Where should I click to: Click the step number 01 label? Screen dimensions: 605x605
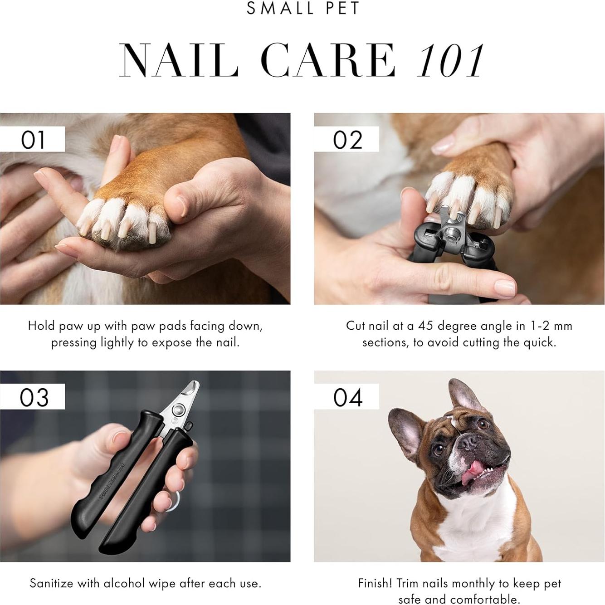click(x=33, y=139)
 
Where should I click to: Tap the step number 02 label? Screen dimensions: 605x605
click(x=347, y=139)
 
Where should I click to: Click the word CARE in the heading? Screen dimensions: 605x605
click(x=328, y=60)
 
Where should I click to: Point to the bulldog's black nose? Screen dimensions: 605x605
click(x=467, y=442)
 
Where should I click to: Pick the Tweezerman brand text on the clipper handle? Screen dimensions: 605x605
click(x=112, y=462)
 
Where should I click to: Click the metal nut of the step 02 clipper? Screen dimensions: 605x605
click(x=452, y=235)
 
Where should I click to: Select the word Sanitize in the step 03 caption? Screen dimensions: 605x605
click(x=51, y=583)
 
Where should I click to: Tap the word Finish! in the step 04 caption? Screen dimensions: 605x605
click(x=375, y=583)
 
